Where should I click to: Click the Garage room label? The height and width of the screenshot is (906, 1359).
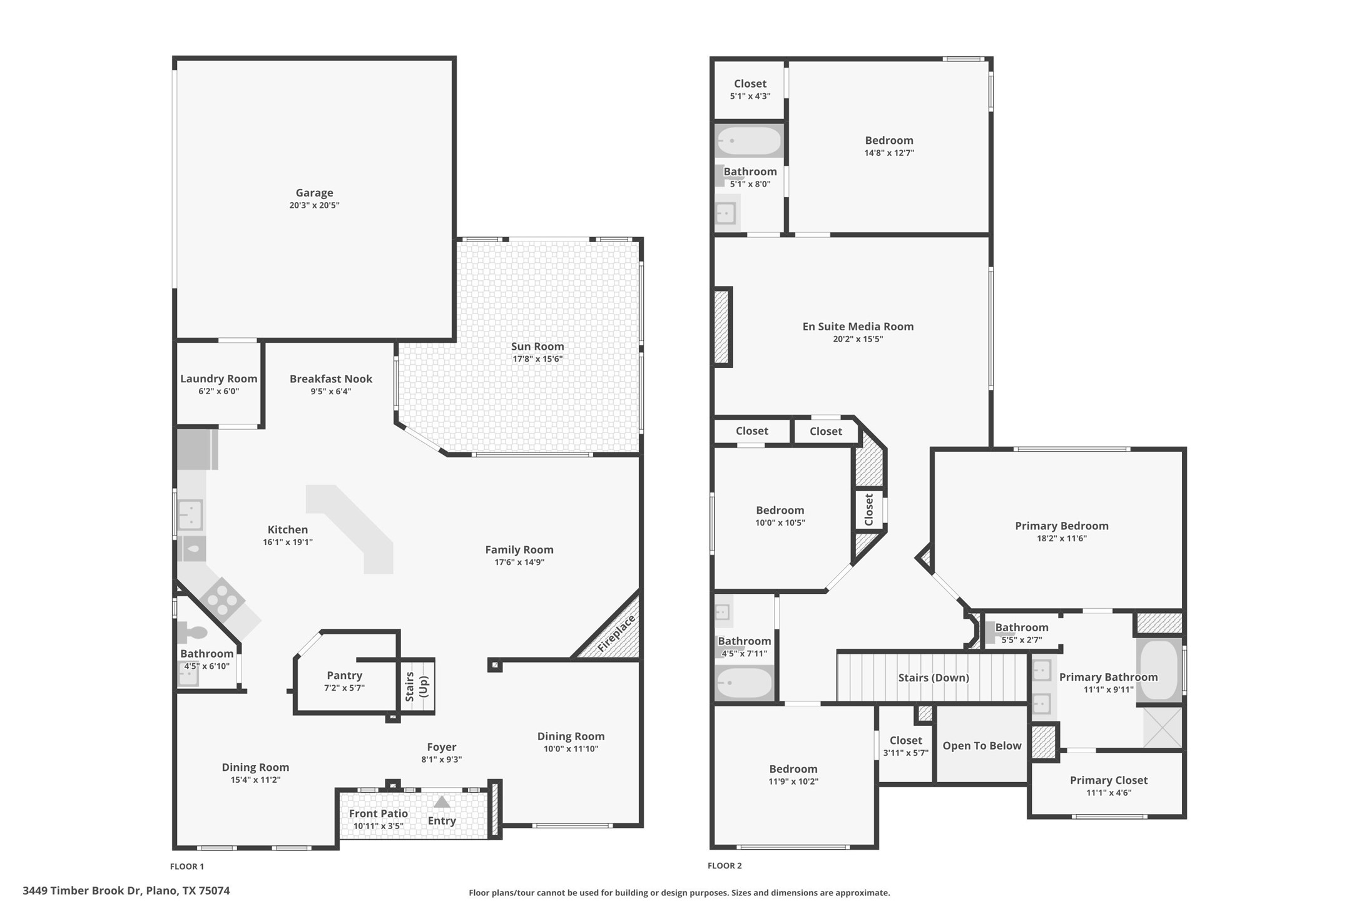(314, 193)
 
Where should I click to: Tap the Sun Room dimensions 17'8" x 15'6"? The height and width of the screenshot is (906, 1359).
(537, 359)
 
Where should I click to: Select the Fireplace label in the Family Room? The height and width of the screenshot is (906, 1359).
(616, 633)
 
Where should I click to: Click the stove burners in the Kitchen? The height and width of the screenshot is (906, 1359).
(223, 600)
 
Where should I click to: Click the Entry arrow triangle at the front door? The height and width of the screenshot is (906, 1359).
(442, 802)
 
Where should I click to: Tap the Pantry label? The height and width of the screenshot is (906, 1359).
(344, 675)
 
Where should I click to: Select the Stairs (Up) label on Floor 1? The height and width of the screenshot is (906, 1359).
(417, 686)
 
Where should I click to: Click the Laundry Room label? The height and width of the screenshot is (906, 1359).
(218, 379)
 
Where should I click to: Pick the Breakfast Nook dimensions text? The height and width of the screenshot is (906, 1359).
(330, 392)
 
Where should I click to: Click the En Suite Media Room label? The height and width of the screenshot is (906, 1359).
(858, 326)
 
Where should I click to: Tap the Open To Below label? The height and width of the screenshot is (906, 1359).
(982, 745)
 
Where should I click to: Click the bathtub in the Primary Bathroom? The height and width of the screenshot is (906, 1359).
(1159, 669)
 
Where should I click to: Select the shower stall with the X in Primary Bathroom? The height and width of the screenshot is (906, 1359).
(1163, 726)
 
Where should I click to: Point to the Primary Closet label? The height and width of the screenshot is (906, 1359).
(1108, 780)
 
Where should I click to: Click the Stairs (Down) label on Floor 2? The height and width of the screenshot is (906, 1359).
(933, 678)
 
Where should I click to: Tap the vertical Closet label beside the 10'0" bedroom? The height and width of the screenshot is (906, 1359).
(869, 509)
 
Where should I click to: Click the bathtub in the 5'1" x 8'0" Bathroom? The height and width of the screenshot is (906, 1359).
(749, 141)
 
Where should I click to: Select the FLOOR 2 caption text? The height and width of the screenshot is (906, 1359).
(725, 866)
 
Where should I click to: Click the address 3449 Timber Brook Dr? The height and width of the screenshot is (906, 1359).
(126, 890)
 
